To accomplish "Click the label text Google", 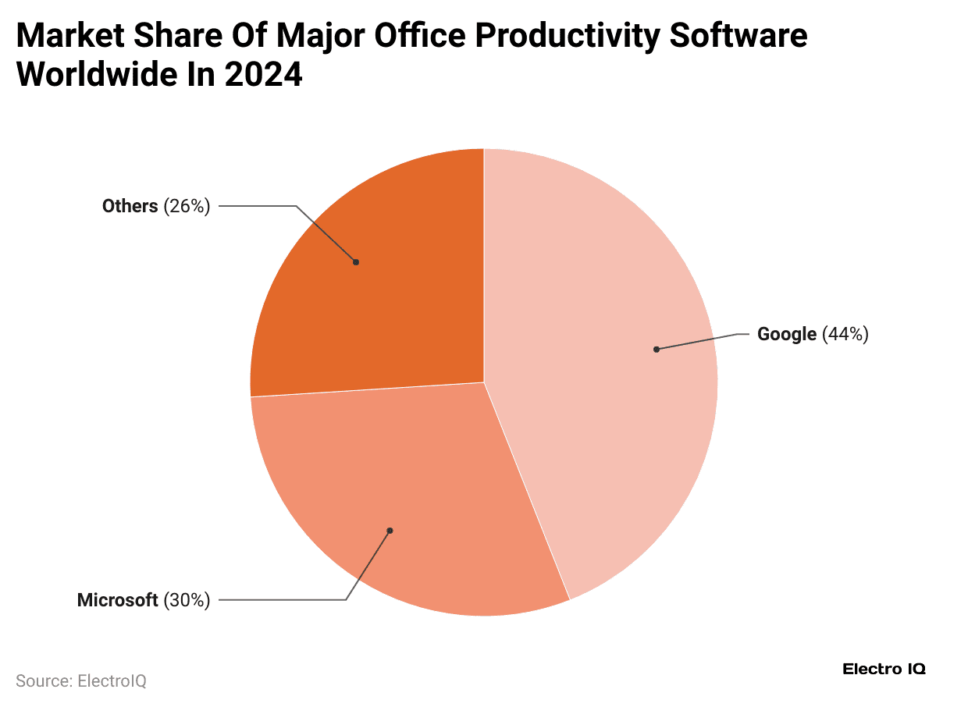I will tap(786, 335).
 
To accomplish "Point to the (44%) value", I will tap(845, 335).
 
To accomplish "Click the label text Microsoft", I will tap(117, 600).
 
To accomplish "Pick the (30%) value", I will tap(187, 600).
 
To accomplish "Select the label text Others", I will tap(130, 206).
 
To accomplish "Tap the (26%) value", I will tap(187, 206).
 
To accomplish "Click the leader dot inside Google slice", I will tap(657, 349).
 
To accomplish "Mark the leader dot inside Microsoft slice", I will tap(390, 531).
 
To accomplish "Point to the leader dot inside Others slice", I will tap(356, 262).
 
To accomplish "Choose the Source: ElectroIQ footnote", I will tap(81, 680).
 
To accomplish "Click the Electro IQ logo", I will tap(884, 669).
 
